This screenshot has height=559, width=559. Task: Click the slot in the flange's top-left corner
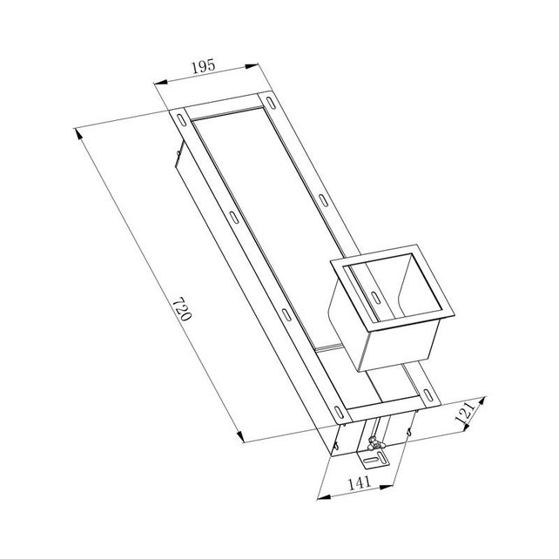pyautogui.click(x=179, y=118)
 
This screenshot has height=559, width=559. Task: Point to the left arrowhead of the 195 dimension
pyautogui.click(x=158, y=83)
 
